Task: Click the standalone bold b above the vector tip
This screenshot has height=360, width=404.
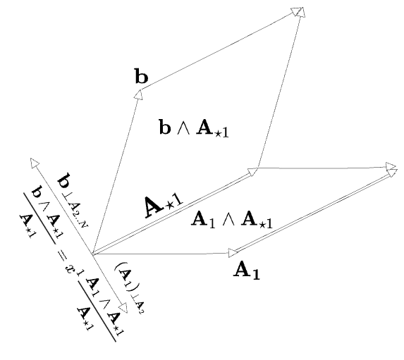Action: tap(142, 76)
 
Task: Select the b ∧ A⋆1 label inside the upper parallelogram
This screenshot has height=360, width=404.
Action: tap(194, 128)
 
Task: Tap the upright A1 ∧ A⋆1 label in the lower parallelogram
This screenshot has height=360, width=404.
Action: tap(231, 219)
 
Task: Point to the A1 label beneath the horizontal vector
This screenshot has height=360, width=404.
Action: tap(247, 271)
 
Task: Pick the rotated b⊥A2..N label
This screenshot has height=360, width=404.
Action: tap(73, 199)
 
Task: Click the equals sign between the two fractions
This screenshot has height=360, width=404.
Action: tap(62, 254)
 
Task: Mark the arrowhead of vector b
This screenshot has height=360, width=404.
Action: tap(139, 94)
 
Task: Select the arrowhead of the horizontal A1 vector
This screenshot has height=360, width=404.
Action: tap(233, 253)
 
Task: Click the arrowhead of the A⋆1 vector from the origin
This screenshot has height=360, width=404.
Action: tap(252, 172)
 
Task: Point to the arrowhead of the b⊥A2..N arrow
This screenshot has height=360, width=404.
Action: tap(35, 163)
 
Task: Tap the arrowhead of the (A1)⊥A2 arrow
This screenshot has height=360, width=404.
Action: tap(123, 308)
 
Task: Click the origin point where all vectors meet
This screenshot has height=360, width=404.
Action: tap(92, 254)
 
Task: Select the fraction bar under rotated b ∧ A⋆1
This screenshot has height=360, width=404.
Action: tap(39, 218)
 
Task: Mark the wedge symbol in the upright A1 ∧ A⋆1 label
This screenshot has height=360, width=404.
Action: tap(228, 221)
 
